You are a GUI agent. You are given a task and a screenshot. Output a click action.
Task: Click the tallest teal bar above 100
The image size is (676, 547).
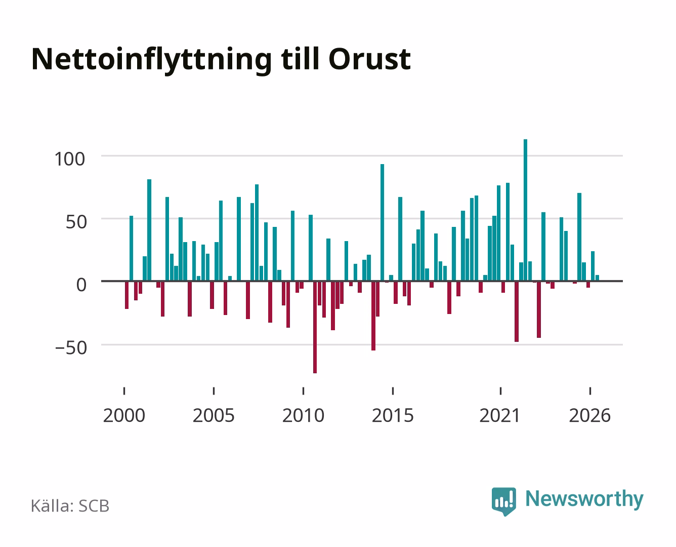(525, 210)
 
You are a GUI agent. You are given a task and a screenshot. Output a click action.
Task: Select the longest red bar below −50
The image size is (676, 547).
(315, 327)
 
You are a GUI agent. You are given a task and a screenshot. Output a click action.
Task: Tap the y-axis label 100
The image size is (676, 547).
(70, 159)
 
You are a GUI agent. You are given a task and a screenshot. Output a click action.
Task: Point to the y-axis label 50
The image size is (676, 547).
(76, 222)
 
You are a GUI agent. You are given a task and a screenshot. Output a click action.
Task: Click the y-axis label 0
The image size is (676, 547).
(81, 285)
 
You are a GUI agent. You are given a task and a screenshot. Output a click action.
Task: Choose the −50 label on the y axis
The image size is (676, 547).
(71, 347)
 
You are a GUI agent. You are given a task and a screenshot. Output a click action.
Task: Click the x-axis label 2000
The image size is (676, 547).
(124, 415)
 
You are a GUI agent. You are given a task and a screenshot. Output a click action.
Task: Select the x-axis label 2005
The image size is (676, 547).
(214, 415)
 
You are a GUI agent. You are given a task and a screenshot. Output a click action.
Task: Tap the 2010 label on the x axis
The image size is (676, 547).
(304, 415)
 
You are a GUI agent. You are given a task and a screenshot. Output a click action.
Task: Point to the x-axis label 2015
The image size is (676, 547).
(393, 415)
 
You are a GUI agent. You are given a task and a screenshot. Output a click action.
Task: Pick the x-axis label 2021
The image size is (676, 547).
(500, 415)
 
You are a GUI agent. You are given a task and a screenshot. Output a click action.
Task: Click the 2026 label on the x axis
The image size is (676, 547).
(590, 415)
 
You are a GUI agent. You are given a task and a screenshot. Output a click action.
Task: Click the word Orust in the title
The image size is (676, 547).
(370, 59)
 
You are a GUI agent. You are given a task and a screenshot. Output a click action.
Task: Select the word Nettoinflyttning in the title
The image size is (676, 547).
(152, 61)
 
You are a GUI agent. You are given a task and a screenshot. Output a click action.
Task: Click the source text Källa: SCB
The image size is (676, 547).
(70, 505)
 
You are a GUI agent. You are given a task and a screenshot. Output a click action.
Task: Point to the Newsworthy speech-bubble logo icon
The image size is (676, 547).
(503, 501)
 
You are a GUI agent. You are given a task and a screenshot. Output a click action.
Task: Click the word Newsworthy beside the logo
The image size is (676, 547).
(584, 499)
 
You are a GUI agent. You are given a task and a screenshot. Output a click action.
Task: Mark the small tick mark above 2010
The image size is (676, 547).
(304, 391)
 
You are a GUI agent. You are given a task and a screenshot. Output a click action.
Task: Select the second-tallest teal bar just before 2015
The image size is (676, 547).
(382, 223)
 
